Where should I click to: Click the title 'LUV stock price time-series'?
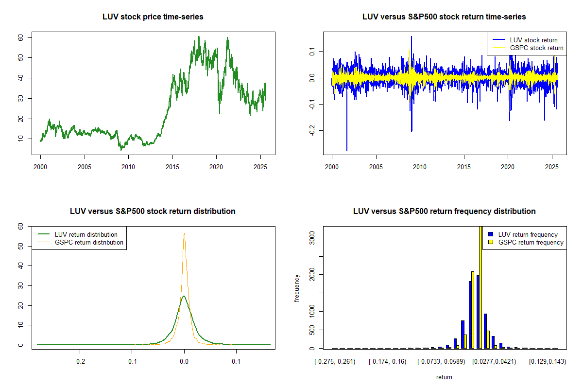click(x=153, y=17)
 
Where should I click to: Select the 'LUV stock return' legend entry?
click(x=533, y=40)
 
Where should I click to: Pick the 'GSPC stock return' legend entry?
click(x=536, y=48)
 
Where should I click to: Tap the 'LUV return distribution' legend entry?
click(x=86, y=234)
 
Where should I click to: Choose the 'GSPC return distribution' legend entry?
click(x=89, y=242)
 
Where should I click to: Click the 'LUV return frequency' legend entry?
click(x=528, y=234)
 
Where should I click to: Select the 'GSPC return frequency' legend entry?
click(x=531, y=242)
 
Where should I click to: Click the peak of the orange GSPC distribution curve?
click(x=184, y=234)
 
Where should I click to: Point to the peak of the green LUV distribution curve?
click(x=184, y=296)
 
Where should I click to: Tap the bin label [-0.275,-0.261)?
click(x=335, y=362)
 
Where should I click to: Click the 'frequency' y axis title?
click(x=297, y=288)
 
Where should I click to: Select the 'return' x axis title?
click(x=444, y=377)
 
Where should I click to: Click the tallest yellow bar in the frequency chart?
click(x=481, y=287)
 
